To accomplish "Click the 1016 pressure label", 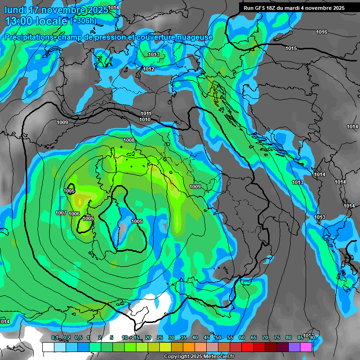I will pyautogui.click(x=322, y=32).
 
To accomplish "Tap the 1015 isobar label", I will pyautogui.click(x=291, y=49).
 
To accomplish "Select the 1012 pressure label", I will pyautogui.click(x=149, y=69).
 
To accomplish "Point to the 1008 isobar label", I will pyautogui.click(x=129, y=140).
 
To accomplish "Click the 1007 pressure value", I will pyautogui.click(x=61, y=213).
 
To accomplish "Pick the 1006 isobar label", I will pyautogui.click(x=74, y=214).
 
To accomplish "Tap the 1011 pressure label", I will pyautogui.click(x=146, y=114).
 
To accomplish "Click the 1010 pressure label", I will pyautogui.click(x=145, y=120).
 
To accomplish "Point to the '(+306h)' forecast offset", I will pyautogui.click(x=83, y=21).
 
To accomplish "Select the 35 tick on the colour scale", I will pyautogui.click(x=183, y=338).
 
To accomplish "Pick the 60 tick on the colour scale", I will pyautogui.click(x=242, y=338).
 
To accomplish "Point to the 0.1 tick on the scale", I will pyautogui.click(x=55, y=338).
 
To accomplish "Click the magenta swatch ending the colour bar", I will pyautogui.click(x=307, y=347).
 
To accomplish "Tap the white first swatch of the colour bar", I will pyautogui.click(x=48, y=347).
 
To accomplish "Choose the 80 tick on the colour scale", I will pyautogui.click(x=289, y=338).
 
